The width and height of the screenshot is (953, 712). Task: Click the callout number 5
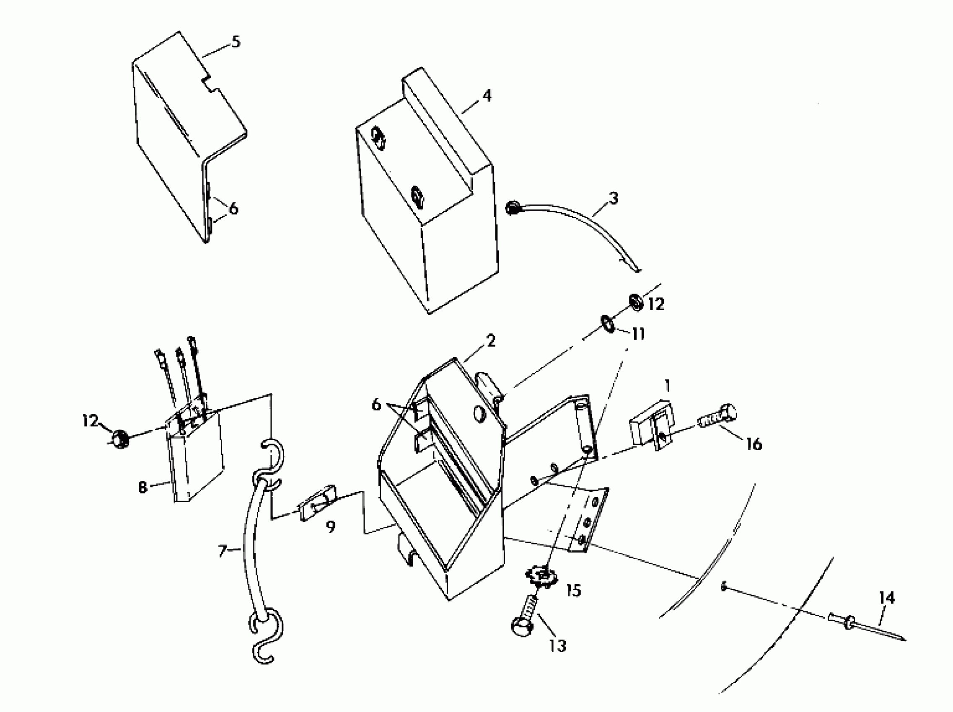click(236, 43)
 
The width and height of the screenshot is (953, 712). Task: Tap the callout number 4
click(487, 96)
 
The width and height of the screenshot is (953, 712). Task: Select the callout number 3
click(614, 199)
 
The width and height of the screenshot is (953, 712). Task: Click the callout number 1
click(667, 386)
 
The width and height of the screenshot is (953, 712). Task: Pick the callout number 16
click(754, 444)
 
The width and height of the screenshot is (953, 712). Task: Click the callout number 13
click(557, 645)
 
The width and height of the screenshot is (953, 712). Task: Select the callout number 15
click(574, 590)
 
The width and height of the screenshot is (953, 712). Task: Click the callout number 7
click(223, 551)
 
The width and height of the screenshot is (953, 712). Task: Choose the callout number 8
click(142, 488)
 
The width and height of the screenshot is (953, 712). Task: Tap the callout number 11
click(638, 334)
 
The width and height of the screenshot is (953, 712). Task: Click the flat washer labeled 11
click(608, 323)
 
